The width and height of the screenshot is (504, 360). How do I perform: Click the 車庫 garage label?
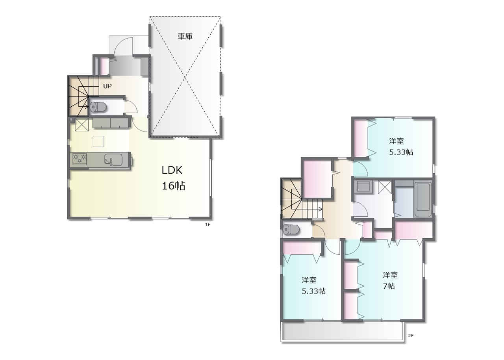185,37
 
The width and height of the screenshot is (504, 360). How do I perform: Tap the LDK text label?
172,170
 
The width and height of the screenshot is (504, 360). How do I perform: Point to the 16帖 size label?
174,186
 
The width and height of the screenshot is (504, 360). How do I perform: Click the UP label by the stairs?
107,86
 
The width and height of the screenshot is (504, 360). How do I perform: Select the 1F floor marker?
208,225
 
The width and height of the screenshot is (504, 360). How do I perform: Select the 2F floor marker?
411,336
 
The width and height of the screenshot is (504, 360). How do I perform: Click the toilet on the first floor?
98,107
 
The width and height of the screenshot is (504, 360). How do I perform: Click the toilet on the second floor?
291,230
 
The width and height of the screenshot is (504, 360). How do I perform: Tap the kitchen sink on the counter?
113,160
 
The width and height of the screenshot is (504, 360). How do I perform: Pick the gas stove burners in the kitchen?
80,159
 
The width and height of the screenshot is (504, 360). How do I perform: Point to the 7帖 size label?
389,286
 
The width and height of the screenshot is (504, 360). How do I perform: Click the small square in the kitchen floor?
98,141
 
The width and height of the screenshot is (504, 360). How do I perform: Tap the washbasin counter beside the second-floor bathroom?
363,187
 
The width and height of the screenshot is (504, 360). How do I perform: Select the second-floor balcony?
343,332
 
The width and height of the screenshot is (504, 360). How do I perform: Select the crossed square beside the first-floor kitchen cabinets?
81,124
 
